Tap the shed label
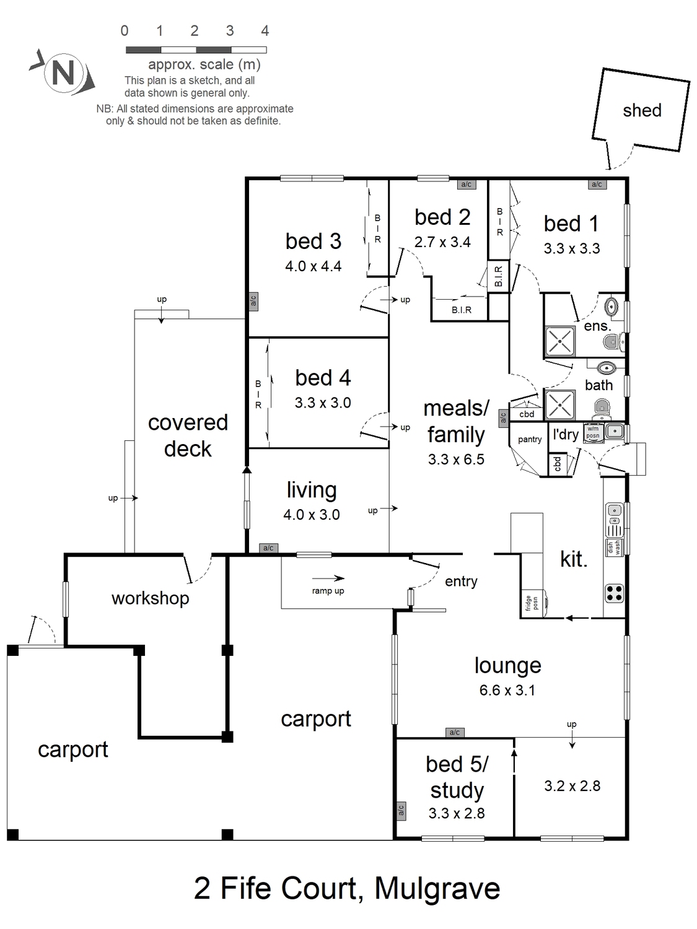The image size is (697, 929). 642,110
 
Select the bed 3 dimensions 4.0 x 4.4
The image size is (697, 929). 313,266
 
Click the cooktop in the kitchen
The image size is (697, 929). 614,593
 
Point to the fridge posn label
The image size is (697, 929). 532,603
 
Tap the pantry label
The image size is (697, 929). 530,440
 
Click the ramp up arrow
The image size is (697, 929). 328,578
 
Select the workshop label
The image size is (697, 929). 150,598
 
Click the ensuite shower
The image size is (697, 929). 560,341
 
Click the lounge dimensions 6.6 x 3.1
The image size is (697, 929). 507,691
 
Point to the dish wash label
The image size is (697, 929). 614,547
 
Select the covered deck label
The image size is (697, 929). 188,435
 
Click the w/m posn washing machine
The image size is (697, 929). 594,432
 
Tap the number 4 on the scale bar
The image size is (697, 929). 265,30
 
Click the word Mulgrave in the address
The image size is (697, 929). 437,888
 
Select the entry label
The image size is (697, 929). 461,582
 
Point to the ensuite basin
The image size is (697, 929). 611,306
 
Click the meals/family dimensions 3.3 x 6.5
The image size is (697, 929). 456,459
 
